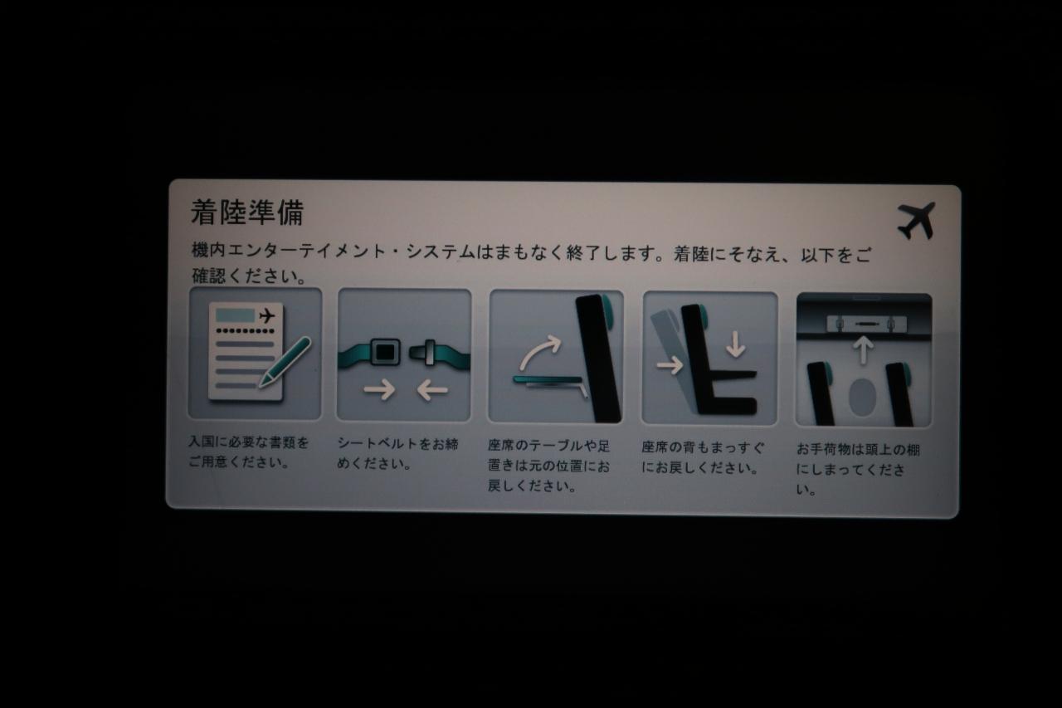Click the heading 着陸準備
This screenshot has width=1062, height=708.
click(x=247, y=212)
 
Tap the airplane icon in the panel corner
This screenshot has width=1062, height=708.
click(x=917, y=221)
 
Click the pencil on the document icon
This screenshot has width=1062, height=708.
click(x=285, y=362)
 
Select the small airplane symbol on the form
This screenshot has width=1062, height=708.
click(x=267, y=316)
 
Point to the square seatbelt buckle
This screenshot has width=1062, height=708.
click(x=384, y=352)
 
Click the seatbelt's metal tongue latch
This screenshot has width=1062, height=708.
click(x=426, y=353)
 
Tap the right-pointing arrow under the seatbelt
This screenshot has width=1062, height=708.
click(x=379, y=390)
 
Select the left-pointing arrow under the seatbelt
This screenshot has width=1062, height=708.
click(x=432, y=390)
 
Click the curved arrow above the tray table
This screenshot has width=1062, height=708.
click(x=540, y=350)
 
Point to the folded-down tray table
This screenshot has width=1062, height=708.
click(x=550, y=382)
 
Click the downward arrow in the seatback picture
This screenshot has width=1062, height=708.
click(x=735, y=344)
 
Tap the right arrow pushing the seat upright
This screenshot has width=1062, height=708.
click(x=670, y=365)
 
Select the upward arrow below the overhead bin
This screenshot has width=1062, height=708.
click(x=863, y=350)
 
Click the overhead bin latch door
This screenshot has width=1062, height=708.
click(x=866, y=325)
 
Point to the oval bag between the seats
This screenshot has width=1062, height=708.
click(x=862, y=398)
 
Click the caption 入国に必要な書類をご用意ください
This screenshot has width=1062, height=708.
click(x=248, y=452)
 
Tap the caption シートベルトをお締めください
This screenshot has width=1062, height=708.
click(x=397, y=454)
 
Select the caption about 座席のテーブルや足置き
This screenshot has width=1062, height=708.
click(x=548, y=466)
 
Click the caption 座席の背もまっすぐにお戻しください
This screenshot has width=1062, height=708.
click(x=703, y=457)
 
